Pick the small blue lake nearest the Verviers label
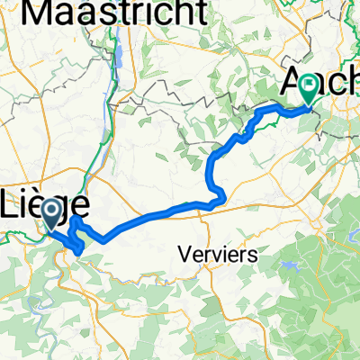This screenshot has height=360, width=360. tap(291, 266)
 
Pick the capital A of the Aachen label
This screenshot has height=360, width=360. tap(295, 83)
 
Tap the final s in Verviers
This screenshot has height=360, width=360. tap(255, 255)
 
